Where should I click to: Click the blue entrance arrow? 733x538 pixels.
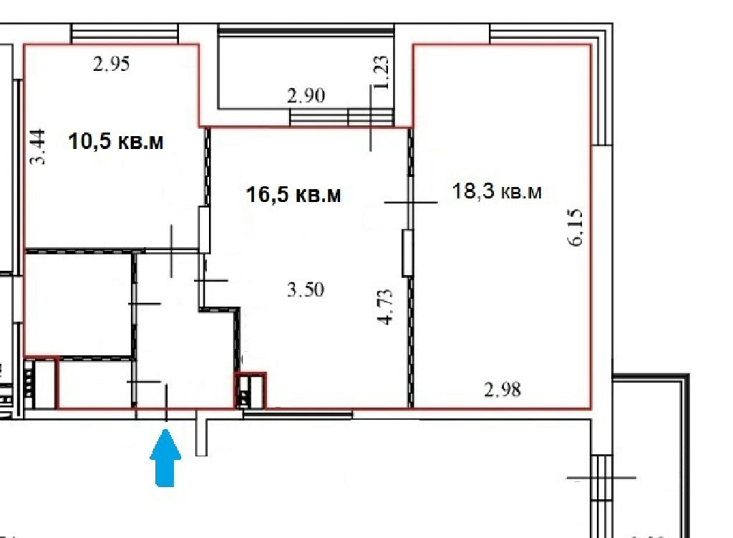coord(165,458)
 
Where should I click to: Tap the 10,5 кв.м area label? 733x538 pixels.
coord(116,141)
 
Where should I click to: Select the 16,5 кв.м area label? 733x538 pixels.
coord(293,194)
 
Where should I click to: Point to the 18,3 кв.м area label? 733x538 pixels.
coord(497,191)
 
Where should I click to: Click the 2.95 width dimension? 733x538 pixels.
coord(111,64)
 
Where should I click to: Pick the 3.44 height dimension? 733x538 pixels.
coord(38,147)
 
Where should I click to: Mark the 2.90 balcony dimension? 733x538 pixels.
coord(306,96)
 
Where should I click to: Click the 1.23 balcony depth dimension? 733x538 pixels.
coord(381,72)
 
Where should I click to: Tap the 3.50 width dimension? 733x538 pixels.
coord(306,289)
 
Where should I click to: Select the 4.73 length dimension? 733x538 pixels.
coord(385,307)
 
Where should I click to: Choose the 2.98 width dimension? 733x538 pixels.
coord(503,389)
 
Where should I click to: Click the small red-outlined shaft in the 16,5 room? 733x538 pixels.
coord(250,390)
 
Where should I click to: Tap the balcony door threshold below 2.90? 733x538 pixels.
coord(341,117)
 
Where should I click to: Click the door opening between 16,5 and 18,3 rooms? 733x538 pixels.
coord(407,253)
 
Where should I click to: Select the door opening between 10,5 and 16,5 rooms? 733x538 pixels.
coord(204,230)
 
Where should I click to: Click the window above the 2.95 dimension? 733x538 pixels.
coord(125,34)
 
